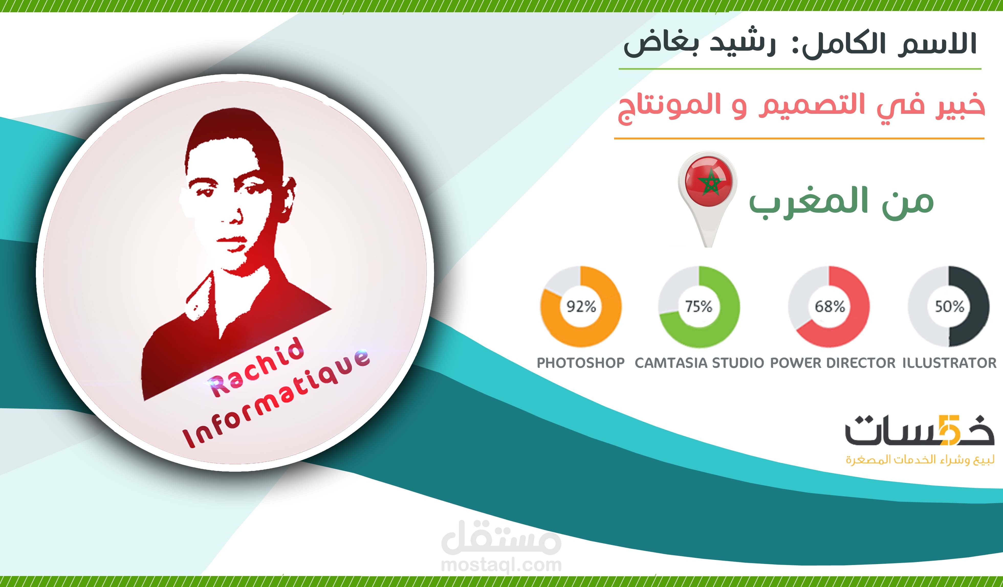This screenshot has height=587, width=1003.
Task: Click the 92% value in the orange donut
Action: pos(581,306)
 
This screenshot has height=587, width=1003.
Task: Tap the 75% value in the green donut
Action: pos(699,306)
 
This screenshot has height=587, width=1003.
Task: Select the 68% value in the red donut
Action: pos(830,306)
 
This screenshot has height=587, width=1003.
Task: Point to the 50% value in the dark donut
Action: pos(949,306)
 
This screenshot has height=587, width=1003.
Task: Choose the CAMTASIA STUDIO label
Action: pos(699,363)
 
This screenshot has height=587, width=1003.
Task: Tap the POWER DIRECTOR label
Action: pos(833,363)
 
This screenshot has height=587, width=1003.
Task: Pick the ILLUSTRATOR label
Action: pos(949,363)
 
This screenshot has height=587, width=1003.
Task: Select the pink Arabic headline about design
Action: pos(800,107)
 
